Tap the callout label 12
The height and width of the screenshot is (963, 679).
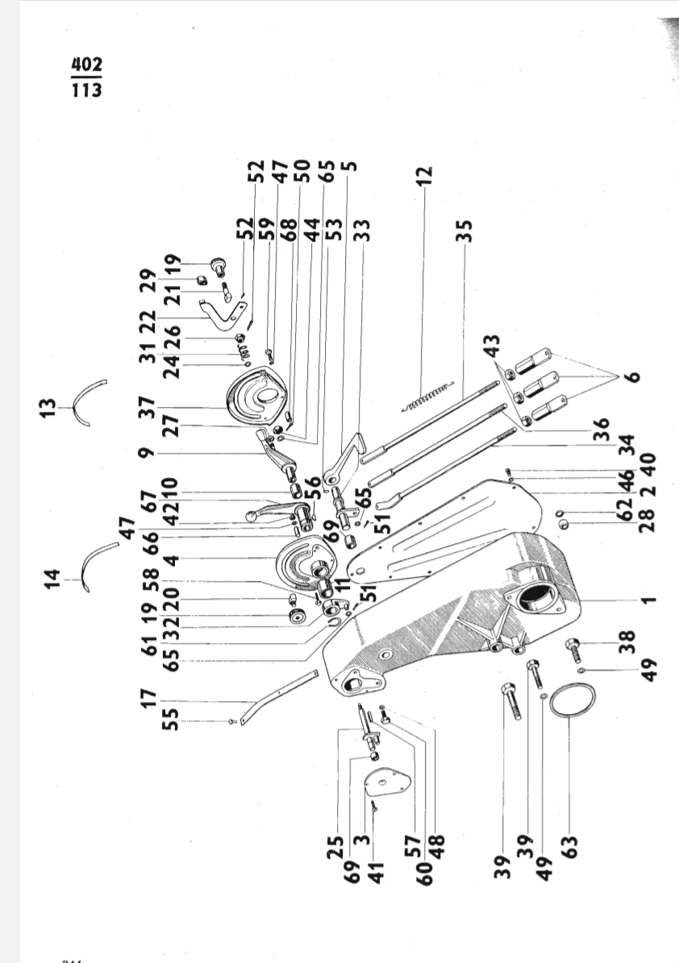pyautogui.click(x=425, y=176)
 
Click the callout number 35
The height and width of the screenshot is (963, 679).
pyautogui.click(x=464, y=231)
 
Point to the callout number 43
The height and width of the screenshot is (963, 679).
pyautogui.click(x=492, y=346)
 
